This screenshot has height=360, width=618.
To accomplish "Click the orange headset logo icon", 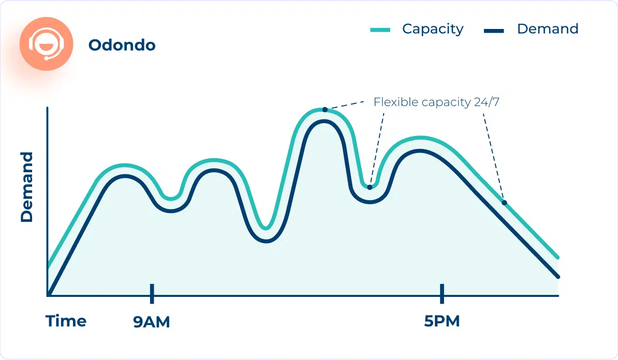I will coord(46,43).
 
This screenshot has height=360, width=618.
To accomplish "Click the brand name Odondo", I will coord(122,45).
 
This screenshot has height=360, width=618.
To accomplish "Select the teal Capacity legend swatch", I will coord(380,30).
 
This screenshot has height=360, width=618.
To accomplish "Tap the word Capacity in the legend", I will coord(433,29).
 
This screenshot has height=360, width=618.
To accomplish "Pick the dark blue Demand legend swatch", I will coord(494,31).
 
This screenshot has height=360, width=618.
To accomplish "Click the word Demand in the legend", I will coord(548,29).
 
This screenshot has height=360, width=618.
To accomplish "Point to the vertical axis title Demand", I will coord(27,187).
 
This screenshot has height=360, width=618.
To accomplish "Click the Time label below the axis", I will coord(66,321).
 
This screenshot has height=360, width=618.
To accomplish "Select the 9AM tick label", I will coord(152,322).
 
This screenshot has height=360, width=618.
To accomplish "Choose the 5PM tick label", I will coord(442,322).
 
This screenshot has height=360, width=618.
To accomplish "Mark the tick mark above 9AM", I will coord(152,293).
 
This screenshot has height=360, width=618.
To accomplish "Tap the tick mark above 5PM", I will coord(442,293).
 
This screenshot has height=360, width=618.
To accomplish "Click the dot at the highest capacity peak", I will coord(325,109).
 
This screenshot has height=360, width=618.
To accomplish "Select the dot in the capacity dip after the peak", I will coord(370,187).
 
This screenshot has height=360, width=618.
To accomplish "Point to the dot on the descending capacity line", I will coord(504,202).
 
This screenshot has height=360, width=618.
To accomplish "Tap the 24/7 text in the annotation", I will coord(487,102).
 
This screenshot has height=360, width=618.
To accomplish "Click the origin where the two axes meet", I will coord(48,296).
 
